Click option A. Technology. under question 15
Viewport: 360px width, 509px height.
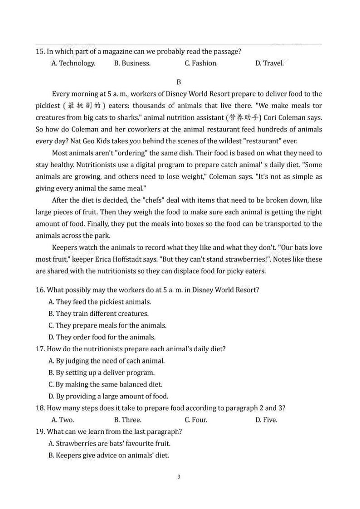pyautogui.click(x=73, y=63)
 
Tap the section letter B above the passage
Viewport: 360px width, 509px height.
pyautogui.click(x=179, y=82)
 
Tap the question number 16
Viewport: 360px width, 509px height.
pyautogui.click(x=40, y=290)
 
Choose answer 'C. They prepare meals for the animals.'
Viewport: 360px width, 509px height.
pyautogui.click(x=107, y=325)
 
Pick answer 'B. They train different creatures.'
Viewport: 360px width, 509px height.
pyautogui.click(x=98, y=314)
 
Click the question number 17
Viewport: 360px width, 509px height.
pyautogui.click(x=40, y=349)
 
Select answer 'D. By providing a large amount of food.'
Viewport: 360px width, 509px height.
pyautogui.click(x=108, y=396)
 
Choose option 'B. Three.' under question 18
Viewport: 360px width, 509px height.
pyautogui.click(x=128, y=420)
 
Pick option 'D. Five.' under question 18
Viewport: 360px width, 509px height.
pyautogui.click(x=266, y=420)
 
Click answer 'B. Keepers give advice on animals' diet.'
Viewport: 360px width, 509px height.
pyautogui.click(x=109, y=455)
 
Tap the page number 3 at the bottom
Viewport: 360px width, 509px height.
pyautogui.click(x=179, y=477)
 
